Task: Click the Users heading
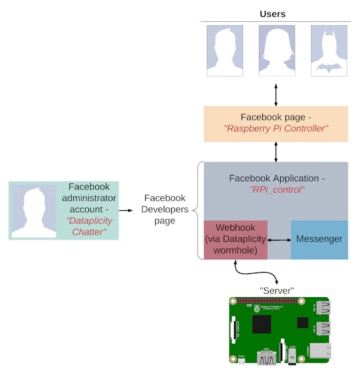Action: pyautogui.click(x=273, y=14)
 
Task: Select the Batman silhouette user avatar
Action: pyautogui.click(x=329, y=51)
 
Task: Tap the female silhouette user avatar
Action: pyautogui.click(x=277, y=51)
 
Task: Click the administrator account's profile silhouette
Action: pyautogui.click(x=34, y=211)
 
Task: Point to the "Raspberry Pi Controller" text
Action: pyautogui.click(x=276, y=128)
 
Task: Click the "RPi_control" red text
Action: pyautogui.click(x=277, y=189)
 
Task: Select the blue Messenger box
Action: pyautogui.click(x=319, y=240)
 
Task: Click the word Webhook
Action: pyautogui.click(x=235, y=227)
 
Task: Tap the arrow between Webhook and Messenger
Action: pyautogui.click(x=279, y=240)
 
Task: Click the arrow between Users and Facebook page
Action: pyautogui.click(x=276, y=95)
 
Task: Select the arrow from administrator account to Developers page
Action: pyautogui.click(x=126, y=210)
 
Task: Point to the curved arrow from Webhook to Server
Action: pyautogui.click(x=256, y=273)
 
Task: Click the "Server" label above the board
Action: pyautogui.click(x=277, y=291)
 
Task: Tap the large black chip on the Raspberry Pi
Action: pyautogui.click(x=262, y=324)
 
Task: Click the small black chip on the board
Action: pyautogui.click(x=303, y=322)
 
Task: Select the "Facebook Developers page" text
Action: pyautogui.click(x=164, y=209)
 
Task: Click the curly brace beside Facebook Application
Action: pyautogui.click(x=198, y=210)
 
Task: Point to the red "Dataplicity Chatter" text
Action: pyautogui.click(x=89, y=227)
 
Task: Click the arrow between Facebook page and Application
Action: pyautogui.click(x=276, y=152)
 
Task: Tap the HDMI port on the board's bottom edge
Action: pyautogui.click(x=267, y=358)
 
